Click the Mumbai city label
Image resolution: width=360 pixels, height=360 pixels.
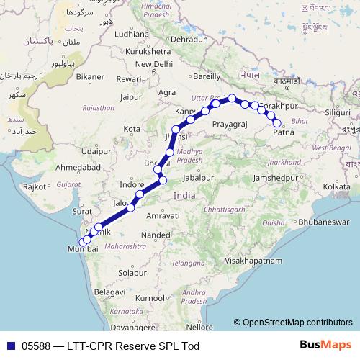click(82, 248)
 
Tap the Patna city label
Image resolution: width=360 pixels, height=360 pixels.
click(284, 132)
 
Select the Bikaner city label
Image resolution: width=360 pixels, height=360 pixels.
click(91, 76)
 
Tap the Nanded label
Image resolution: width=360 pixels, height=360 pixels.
click(156, 235)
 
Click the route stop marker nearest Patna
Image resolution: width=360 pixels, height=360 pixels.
click(277, 123)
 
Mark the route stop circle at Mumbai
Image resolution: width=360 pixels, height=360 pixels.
click(82, 241)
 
